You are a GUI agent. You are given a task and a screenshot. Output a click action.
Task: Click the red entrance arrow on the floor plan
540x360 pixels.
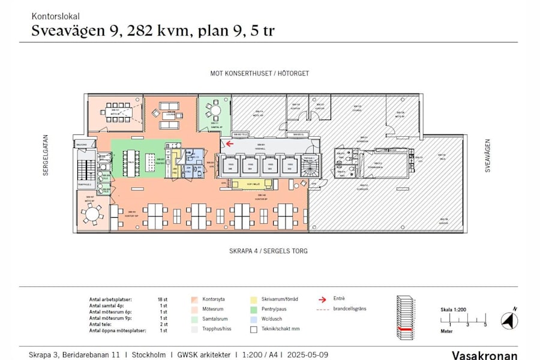tap(229, 144)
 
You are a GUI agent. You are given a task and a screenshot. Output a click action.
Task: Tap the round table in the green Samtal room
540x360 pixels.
tap(214, 110)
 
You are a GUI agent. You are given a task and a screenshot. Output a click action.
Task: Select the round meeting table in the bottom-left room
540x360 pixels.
tap(92, 214)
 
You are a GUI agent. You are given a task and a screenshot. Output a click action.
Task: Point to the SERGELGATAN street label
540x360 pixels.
tap(45, 158)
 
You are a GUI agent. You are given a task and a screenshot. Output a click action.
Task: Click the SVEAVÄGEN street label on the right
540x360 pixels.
tap(488, 156)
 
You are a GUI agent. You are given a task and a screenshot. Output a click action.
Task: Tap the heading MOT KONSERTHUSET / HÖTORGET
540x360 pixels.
tap(259, 74)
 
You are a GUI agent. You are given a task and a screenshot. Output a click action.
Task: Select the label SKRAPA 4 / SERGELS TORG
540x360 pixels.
tap(268, 251)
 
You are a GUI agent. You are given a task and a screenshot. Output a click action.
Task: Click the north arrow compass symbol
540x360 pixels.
tap(509, 320)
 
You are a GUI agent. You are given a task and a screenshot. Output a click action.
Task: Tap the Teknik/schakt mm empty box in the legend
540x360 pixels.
tap(255, 329)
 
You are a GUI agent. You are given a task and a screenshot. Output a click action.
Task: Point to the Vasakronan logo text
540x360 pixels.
tap(484, 355)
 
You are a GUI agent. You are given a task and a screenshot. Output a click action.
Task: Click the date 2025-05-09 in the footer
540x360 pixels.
tap(307, 355)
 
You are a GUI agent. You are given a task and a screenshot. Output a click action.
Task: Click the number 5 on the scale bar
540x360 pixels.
tap(485, 325)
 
